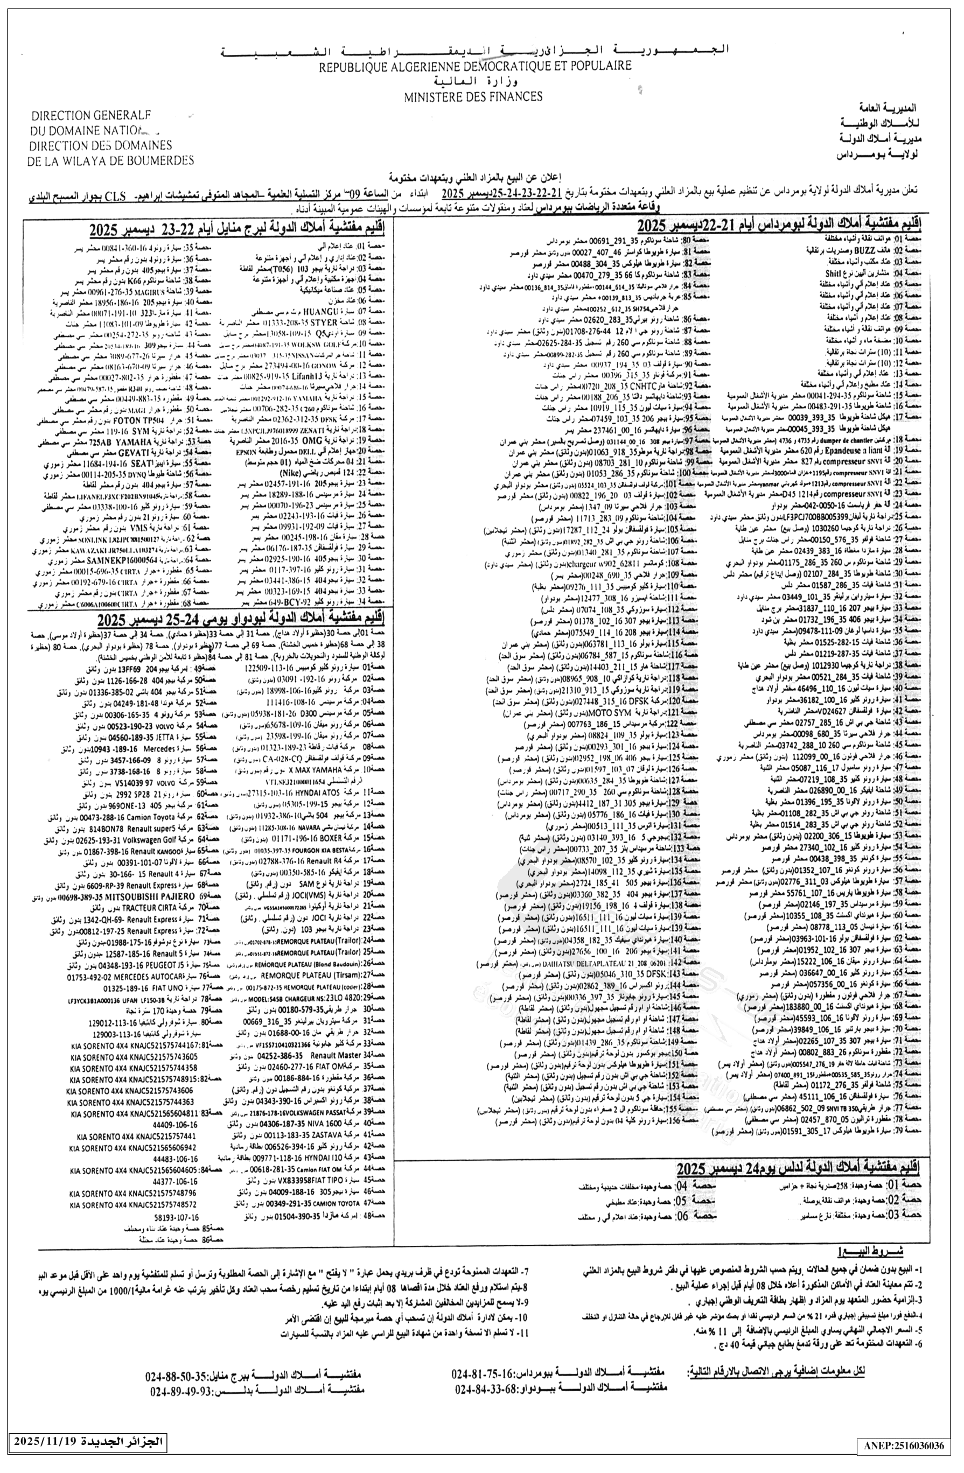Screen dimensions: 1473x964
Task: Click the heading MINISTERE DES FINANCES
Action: [473, 96]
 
